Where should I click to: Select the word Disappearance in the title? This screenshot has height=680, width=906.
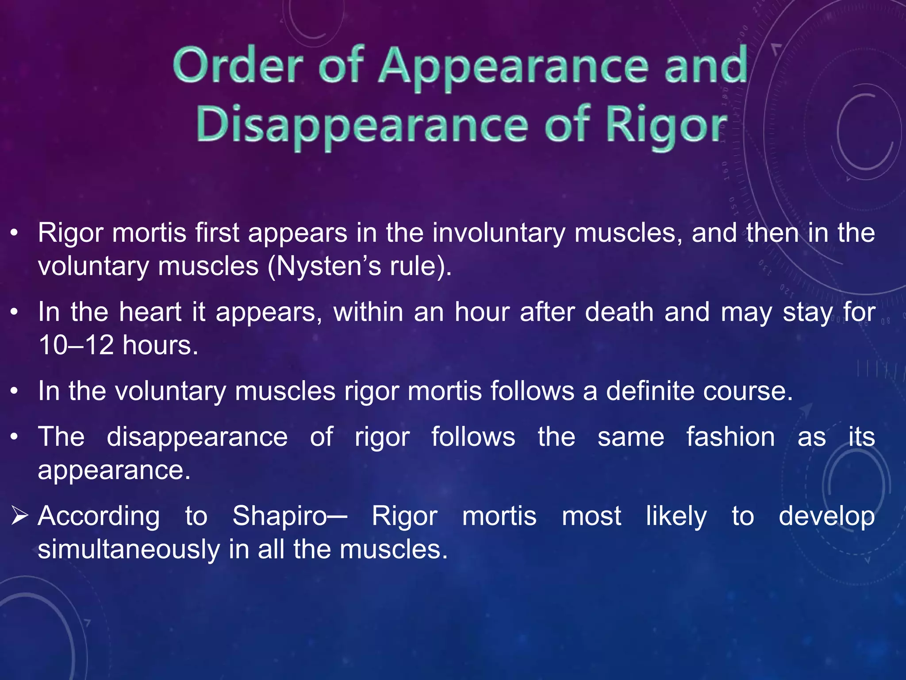pos(362,126)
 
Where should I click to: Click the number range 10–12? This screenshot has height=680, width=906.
pos(76,345)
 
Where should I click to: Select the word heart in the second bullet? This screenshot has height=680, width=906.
pos(150,312)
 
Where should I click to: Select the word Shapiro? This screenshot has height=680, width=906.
pos(280,516)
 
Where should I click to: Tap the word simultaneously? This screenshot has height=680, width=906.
pos(129,550)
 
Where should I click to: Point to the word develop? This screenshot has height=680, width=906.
pos(826,516)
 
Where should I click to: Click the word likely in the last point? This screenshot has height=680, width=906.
pos(676,516)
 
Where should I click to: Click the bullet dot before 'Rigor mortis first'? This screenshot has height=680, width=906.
pos(15,233)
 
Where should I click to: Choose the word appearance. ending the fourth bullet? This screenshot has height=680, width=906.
pos(114,470)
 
